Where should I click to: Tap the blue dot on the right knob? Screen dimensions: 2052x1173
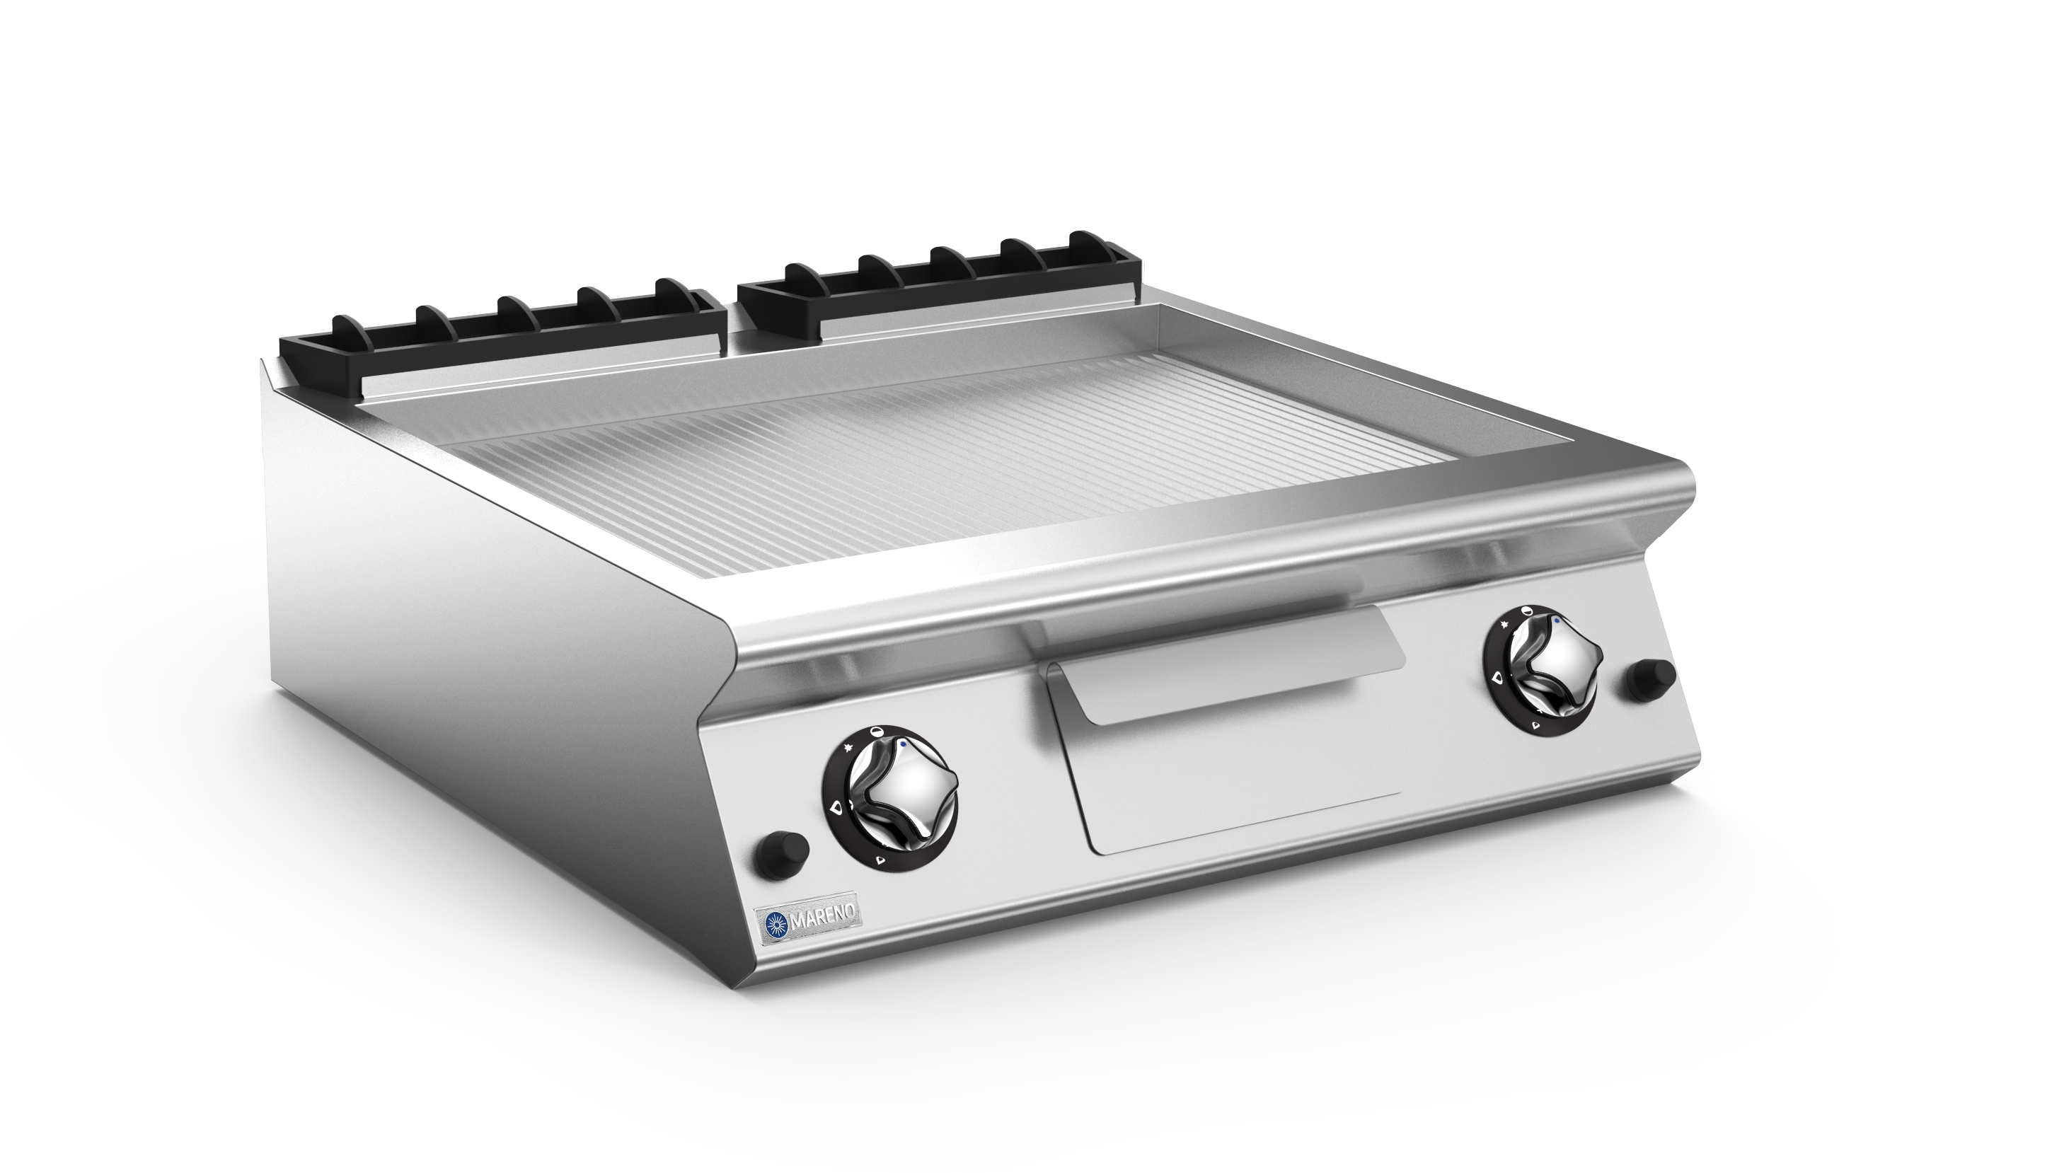[1557, 621]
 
